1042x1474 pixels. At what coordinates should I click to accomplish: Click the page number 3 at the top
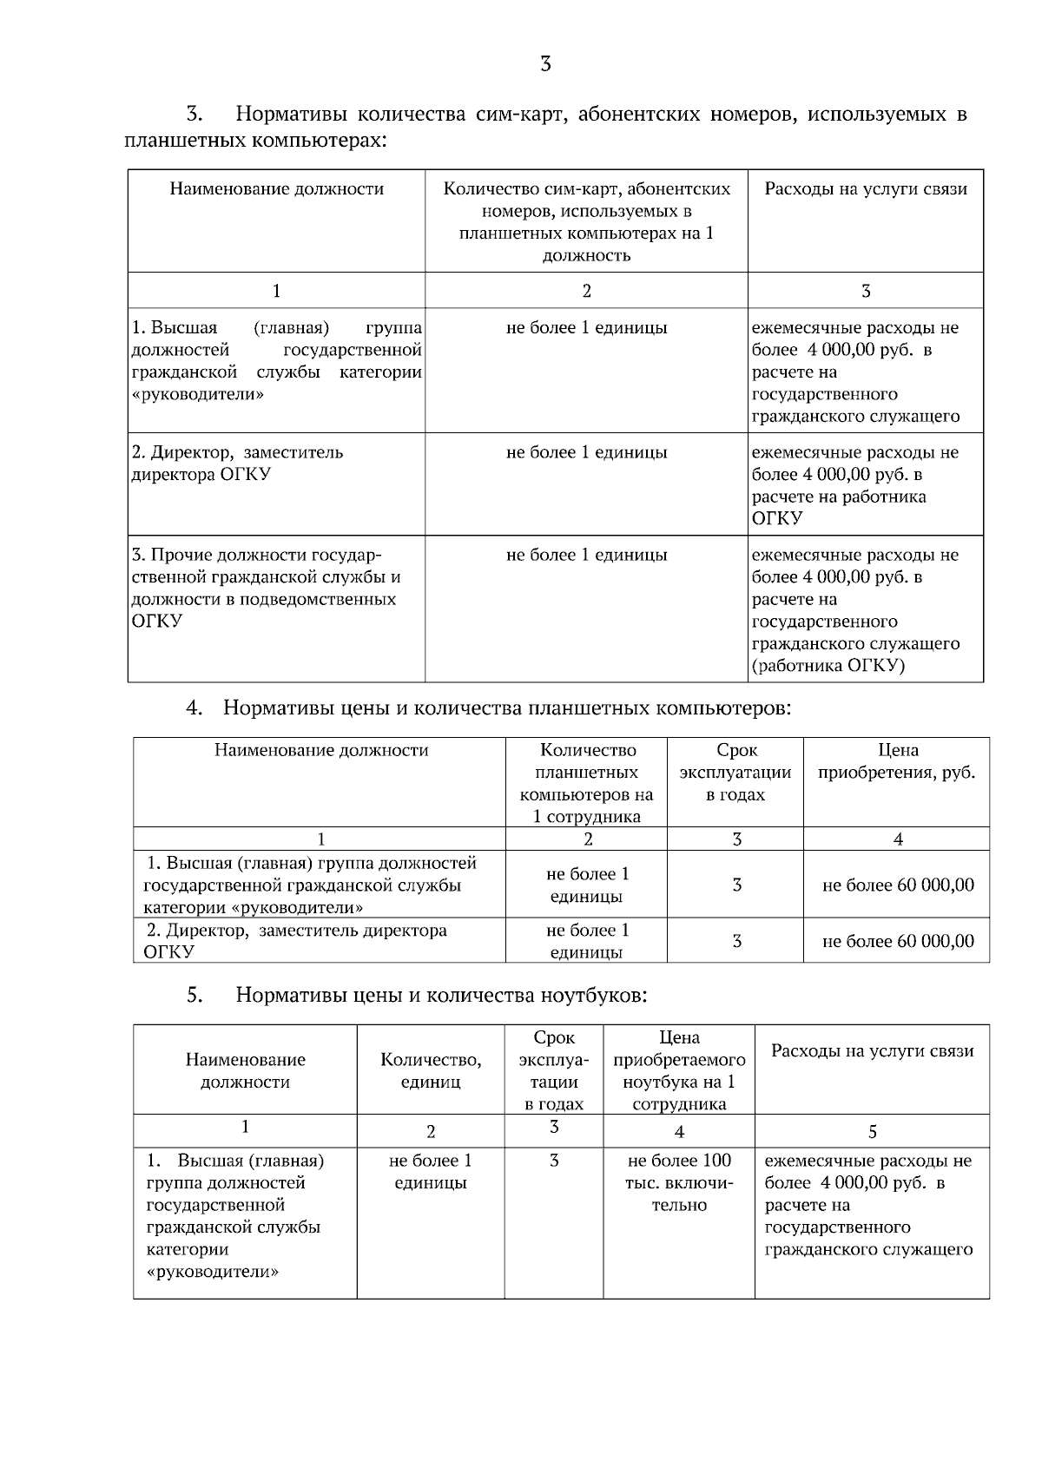[x=545, y=64]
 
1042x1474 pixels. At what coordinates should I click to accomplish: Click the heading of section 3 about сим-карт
[x=545, y=127]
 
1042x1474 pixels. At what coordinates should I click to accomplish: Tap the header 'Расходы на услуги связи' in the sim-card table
[x=865, y=189]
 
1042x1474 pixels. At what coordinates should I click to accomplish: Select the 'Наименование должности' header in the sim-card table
[x=276, y=189]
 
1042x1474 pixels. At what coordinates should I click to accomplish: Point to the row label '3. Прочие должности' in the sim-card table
[x=266, y=588]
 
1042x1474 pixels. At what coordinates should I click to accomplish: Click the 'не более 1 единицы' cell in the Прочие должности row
[x=586, y=555]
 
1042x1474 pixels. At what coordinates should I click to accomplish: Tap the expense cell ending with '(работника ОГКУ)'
[x=855, y=610]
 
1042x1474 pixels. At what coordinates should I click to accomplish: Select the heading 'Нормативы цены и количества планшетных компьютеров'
[x=506, y=707]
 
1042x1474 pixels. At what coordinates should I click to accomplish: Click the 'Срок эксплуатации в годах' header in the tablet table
[x=735, y=773]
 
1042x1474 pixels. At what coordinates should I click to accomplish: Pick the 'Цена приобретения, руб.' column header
[x=896, y=761]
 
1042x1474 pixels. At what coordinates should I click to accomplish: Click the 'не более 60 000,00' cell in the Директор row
[x=897, y=941]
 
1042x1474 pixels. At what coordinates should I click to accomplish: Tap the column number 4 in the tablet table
[x=897, y=839]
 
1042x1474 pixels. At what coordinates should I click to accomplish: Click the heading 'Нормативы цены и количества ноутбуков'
[x=441, y=995]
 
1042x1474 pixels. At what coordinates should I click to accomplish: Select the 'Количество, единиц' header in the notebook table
[x=431, y=1070]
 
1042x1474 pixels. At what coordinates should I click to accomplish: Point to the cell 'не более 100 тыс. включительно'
[x=679, y=1182]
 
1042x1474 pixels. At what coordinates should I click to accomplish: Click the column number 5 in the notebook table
[x=872, y=1131]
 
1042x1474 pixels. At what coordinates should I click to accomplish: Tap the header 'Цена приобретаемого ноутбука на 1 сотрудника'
[x=679, y=1070]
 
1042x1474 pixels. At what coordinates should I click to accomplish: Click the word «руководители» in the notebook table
[x=214, y=1272]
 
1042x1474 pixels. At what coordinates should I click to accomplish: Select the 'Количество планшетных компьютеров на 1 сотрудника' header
[x=586, y=783]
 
